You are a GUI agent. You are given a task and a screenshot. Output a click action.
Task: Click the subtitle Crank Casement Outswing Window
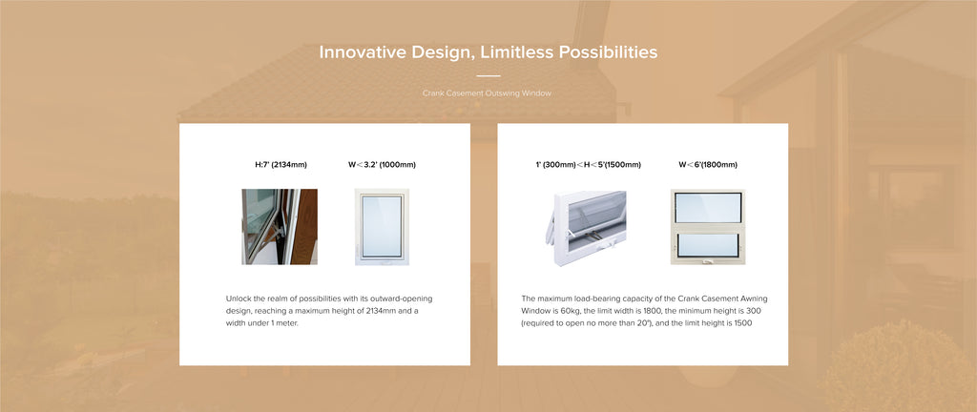pyautogui.click(x=487, y=93)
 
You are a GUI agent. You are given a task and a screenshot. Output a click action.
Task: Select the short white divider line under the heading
pyautogui.click(x=488, y=76)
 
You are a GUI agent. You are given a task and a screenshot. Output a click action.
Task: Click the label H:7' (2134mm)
pyautogui.click(x=281, y=165)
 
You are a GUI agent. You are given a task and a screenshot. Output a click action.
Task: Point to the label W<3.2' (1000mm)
pyautogui.click(x=382, y=165)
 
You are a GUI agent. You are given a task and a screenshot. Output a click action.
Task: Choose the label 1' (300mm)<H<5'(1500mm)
pyautogui.click(x=588, y=165)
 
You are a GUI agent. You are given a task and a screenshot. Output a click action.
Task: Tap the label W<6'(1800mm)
pyautogui.click(x=708, y=165)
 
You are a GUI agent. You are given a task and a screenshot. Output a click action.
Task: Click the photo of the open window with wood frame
pyautogui.click(x=280, y=227)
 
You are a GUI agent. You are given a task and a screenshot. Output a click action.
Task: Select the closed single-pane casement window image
pyautogui.click(x=382, y=227)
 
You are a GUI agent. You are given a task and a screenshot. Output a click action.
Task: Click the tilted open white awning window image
pyautogui.click(x=589, y=228)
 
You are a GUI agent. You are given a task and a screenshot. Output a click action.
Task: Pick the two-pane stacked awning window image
pyautogui.click(x=708, y=227)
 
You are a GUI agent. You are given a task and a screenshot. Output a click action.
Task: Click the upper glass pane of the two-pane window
pyautogui.click(x=709, y=208)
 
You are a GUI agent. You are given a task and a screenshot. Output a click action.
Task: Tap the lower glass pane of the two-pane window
pyautogui.click(x=708, y=244)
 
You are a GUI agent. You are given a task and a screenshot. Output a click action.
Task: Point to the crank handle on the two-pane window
pyautogui.click(x=708, y=261)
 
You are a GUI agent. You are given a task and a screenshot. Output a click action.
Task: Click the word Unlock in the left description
pyautogui.click(x=238, y=299)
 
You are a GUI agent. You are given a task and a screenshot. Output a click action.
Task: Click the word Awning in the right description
pyautogui.click(x=755, y=299)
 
